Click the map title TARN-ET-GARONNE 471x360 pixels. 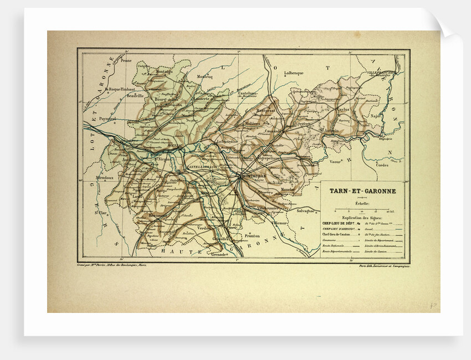click(362, 191)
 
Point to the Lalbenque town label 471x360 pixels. click(294, 73)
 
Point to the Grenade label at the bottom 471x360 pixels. click(220, 255)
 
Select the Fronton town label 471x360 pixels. click(252, 236)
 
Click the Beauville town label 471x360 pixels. click(135, 95)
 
